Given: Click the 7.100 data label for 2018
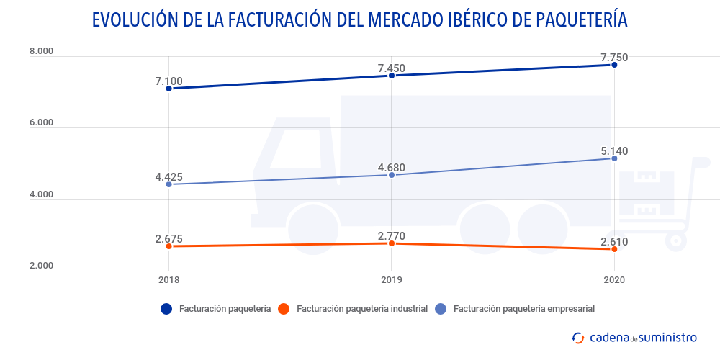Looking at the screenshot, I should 168,81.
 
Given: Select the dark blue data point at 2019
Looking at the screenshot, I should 392,76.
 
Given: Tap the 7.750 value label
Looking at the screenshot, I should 614,58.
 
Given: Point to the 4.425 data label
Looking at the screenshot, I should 168,176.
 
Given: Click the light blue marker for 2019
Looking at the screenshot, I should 392,175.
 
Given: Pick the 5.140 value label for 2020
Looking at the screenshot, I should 614,151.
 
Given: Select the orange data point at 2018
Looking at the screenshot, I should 168,246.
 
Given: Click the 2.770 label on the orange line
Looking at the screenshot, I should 392,235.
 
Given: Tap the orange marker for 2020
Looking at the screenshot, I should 614,249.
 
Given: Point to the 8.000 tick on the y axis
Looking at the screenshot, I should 41,51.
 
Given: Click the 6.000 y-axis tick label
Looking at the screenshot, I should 41,122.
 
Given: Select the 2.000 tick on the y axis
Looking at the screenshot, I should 41,266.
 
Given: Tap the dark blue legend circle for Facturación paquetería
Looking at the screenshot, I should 166,309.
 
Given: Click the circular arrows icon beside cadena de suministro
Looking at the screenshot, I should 577,337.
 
